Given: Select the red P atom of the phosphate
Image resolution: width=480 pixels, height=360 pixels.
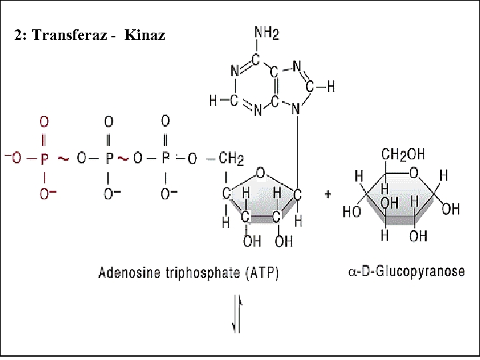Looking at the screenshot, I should [45, 159].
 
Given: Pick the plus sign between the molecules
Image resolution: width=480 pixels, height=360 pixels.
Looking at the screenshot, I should [328, 193].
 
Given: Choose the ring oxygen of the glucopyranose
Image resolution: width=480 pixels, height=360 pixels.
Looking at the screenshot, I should [415, 175].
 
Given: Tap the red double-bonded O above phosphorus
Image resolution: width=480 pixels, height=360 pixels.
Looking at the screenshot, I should [44, 122].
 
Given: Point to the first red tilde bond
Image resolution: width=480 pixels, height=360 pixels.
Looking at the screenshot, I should [63, 159].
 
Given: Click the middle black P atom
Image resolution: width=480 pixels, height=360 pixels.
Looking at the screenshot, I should [109, 159].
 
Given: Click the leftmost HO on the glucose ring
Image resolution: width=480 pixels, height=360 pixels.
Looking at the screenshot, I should [351, 213].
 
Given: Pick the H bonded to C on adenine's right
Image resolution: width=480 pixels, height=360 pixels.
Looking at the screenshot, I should [331, 87].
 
